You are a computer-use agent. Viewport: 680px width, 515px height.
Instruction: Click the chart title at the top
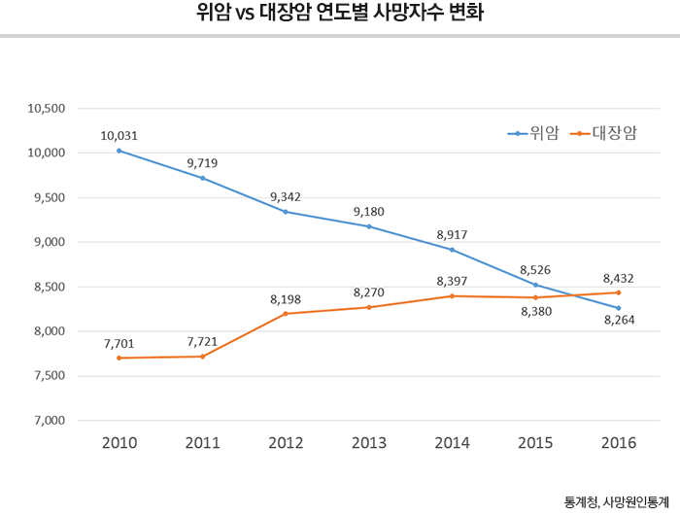coord(339,16)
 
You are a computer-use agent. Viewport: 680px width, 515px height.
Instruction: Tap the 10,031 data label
coord(119,135)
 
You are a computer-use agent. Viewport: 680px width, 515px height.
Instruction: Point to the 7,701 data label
coord(119,343)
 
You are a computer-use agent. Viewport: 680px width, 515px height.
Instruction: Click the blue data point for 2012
coord(286,212)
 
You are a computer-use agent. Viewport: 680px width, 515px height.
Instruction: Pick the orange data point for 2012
coord(286,314)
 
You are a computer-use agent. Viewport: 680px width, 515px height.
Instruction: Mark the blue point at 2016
coord(619,308)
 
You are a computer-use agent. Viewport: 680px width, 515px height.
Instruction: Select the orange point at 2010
coord(119,359)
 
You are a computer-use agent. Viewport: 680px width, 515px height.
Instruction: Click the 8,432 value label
coord(619,276)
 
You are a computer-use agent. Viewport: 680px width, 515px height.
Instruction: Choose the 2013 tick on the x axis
coord(368,443)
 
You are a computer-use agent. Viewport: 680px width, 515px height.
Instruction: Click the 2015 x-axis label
coord(535,443)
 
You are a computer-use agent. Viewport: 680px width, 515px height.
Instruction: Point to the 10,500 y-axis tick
coord(46,108)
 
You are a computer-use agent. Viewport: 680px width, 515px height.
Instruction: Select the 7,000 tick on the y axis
coord(49,421)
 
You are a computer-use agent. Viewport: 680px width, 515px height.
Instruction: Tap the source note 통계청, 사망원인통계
coord(616,501)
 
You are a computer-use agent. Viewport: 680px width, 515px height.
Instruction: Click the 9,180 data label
coord(368,211)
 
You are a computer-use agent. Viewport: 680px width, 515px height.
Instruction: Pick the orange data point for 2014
coord(452,296)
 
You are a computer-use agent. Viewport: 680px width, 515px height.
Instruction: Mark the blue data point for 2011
coord(202,178)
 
